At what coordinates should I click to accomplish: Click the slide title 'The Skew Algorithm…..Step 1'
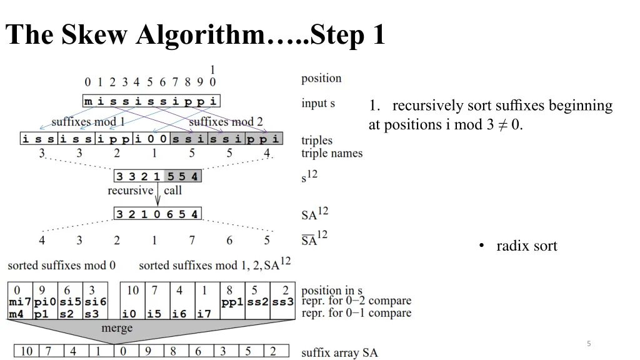tap(195, 35)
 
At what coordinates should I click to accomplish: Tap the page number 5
tap(589, 343)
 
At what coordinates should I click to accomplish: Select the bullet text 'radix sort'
tap(526, 246)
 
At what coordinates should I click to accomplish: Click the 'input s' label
tap(318, 103)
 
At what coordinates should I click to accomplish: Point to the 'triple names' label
tap(331, 153)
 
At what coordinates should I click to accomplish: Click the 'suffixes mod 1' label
tap(88, 122)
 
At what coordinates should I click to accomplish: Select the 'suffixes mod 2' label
tap(226, 122)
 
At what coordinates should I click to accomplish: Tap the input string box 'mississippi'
tap(151, 101)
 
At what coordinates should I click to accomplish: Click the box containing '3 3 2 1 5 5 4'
tap(157, 177)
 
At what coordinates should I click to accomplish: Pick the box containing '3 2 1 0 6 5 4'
tap(157, 214)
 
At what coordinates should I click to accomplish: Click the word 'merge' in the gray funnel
tap(117, 329)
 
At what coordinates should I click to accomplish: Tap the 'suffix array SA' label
tap(339, 353)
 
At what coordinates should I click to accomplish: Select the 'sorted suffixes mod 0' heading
tap(61, 266)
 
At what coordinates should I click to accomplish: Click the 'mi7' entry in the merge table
tap(19, 302)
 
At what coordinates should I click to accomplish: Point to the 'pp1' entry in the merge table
tap(232, 302)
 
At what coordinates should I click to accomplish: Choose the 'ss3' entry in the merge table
tap(282, 302)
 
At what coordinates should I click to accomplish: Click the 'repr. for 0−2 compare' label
tap(356, 301)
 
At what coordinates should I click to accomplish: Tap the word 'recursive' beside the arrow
tap(130, 191)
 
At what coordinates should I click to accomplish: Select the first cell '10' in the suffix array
tap(27, 352)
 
